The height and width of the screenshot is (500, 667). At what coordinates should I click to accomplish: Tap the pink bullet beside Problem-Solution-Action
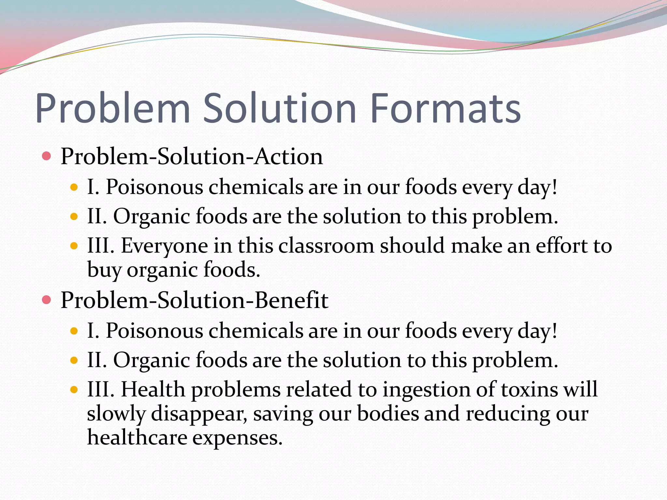point(47,157)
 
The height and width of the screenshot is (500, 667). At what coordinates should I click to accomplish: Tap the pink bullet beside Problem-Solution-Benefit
point(47,300)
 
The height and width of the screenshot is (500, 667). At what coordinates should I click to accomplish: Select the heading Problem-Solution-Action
point(192,157)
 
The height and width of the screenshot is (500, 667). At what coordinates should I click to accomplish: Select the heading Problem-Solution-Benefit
point(194,300)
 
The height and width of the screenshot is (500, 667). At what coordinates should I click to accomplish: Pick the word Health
point(153,389)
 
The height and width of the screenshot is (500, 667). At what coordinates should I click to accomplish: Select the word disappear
point(199,414)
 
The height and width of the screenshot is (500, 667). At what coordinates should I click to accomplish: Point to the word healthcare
point(137,437)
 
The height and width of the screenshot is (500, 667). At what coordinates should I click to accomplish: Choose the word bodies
point(388,413)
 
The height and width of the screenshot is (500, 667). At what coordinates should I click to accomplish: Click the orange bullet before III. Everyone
point(74,246)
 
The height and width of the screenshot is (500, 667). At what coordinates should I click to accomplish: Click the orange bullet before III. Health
point(74,389)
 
